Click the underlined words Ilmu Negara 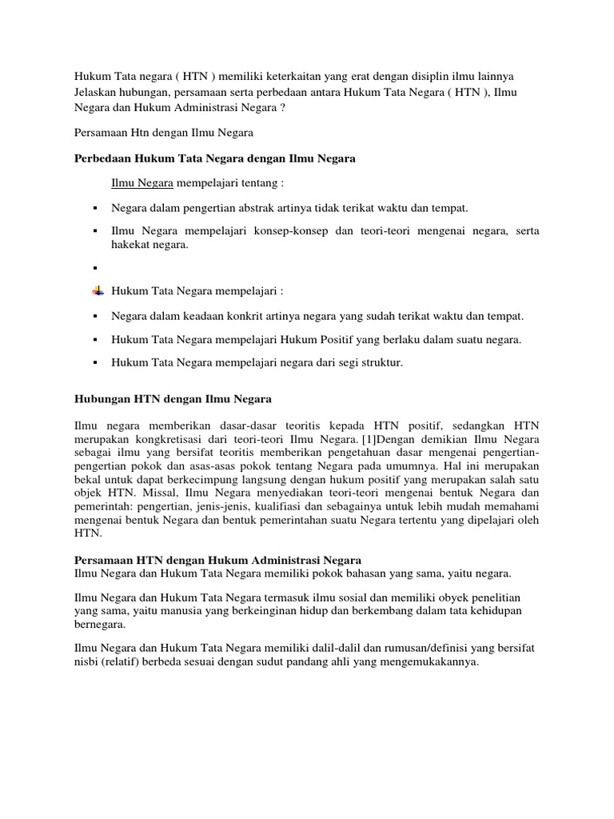[x=142, y=182]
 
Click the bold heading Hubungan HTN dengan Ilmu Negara [x=173, y=398]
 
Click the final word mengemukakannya [x=433, y=661]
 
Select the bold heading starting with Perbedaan [x=214, y=159]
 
